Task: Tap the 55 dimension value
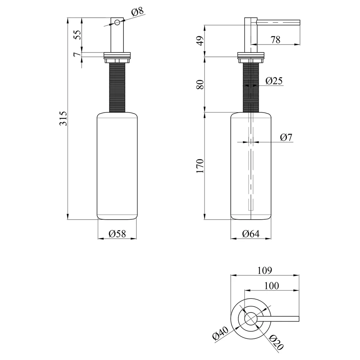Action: tap(78, 35)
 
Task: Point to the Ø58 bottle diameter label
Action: tap(117, 234)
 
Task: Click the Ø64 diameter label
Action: tap(251, 234)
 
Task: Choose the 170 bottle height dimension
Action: tap(200, 166)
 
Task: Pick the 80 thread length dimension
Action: tap(200, 85)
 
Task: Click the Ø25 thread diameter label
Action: tap(274, 81)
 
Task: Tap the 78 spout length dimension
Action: tap(275, 40)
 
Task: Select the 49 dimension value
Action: tap(200, 41)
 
